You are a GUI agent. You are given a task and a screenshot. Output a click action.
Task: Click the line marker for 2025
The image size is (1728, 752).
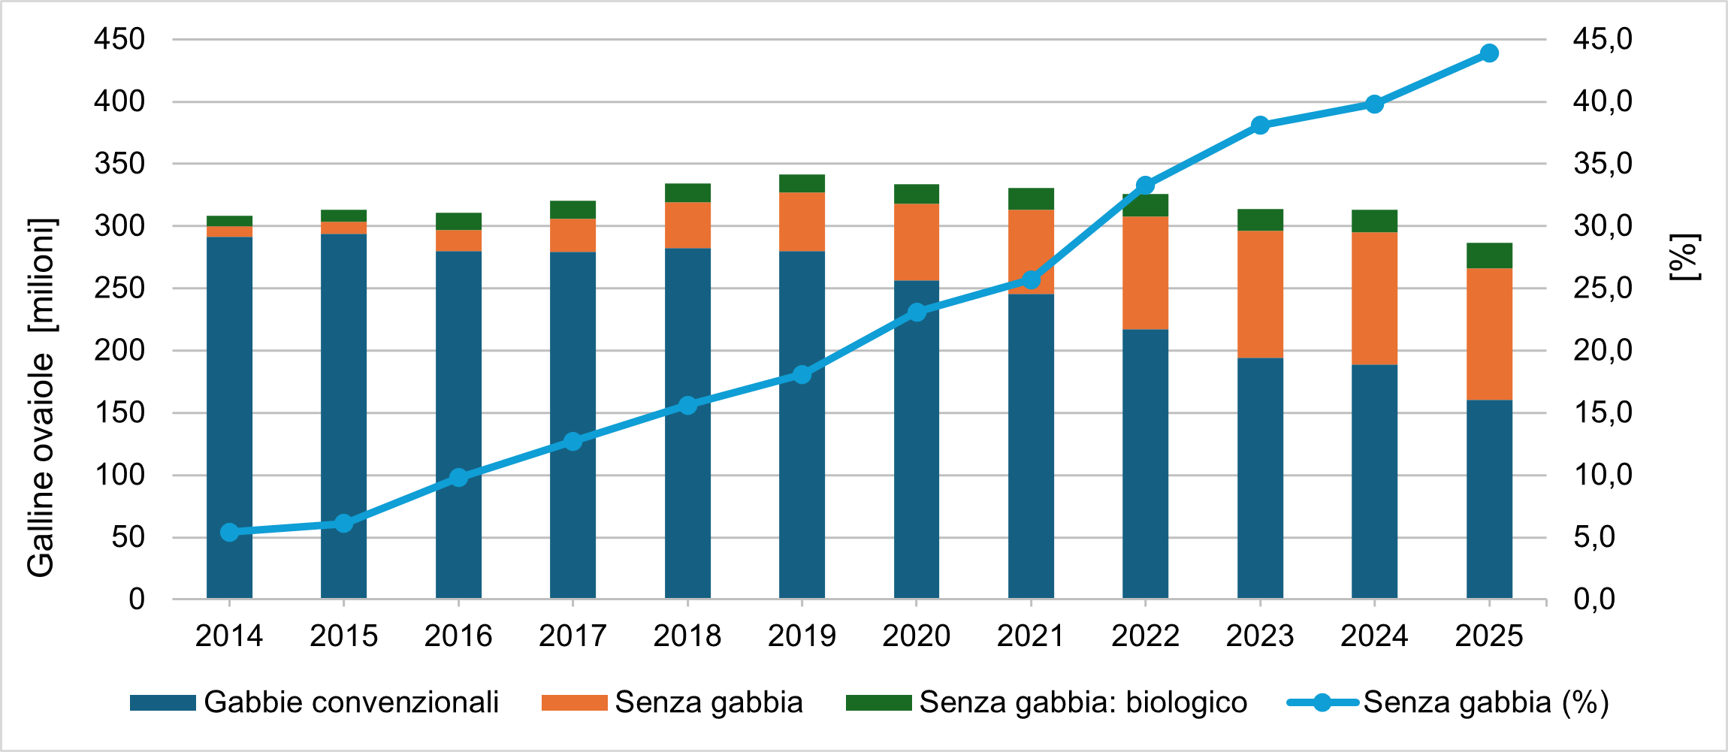tap(1489, 53)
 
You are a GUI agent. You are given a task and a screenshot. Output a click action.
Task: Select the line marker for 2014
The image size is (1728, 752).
tap(230, 533)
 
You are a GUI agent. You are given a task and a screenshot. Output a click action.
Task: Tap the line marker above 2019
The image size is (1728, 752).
tap(802, 374)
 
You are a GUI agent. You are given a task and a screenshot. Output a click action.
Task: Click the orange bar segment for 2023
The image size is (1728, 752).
tap(1260, 294)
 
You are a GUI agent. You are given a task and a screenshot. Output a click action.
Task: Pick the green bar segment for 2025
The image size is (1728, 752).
tap(1489, 255)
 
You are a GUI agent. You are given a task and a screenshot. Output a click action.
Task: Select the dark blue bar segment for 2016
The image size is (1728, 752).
tap(458, 424)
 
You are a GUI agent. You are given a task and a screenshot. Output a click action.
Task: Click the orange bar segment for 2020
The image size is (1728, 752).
tap(917, 242)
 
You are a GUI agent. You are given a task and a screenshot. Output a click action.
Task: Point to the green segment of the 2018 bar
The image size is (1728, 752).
tap(687, 193)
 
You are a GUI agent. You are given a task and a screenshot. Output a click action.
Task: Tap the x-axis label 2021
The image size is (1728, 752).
tap(1031, 636)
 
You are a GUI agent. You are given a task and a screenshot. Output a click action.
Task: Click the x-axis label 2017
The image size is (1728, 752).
tap(572, 636)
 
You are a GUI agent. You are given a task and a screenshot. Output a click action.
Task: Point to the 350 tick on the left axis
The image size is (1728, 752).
tap(119, 164)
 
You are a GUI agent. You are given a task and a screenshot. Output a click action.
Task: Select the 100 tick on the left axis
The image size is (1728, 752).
tap(119, 475)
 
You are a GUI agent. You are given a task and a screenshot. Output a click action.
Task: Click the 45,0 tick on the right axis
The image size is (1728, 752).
tap(1603, 39)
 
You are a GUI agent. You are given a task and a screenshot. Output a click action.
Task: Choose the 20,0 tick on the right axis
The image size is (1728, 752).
tap(1603, 350)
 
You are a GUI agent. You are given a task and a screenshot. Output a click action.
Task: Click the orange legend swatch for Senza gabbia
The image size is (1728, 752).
tap(574, 703)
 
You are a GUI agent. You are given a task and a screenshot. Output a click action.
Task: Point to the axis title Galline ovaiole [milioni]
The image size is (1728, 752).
tap(41, 398)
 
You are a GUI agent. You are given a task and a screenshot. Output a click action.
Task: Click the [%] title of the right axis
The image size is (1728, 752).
tap(1685, 258)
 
